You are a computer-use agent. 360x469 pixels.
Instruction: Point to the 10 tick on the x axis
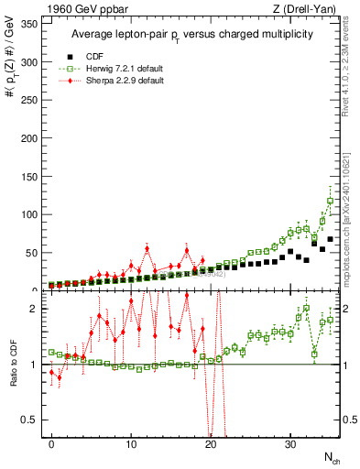click(131, 444)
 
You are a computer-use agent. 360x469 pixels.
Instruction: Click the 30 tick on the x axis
click(290, 444)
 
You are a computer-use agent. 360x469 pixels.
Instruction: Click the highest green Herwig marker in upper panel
click(331, 201)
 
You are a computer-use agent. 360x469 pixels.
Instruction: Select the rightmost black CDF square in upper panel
click(331, 239)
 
